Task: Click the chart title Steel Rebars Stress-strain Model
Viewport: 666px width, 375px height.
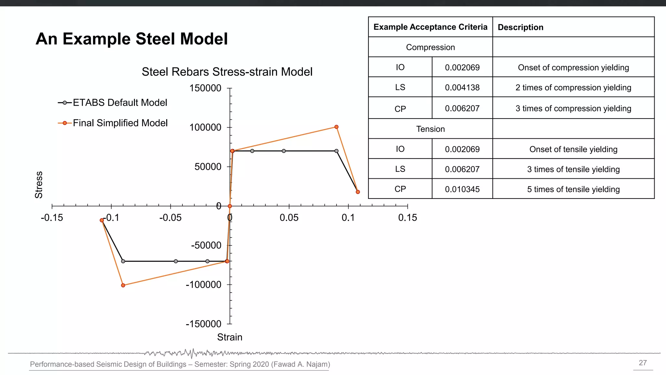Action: (x=227, y=72)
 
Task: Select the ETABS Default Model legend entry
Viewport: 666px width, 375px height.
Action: (x=119, y=103)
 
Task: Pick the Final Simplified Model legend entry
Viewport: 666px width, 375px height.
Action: (x=120, y=123)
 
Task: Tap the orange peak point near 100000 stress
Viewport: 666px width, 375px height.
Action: (x=337, y=127)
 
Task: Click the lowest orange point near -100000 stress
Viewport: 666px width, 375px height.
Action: (x=123, y=285)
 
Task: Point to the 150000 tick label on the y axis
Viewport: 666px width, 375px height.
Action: (x=205, y=88)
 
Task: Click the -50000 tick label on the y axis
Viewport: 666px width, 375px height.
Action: (x=206, y=245)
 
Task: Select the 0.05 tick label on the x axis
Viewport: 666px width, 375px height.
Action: (x=289, y=218)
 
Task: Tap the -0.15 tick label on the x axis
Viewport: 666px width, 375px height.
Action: (x=52, y=218)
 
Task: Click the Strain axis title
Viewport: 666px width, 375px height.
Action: (x=230, y=337)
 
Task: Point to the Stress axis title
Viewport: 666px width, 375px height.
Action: (x=39, y=185)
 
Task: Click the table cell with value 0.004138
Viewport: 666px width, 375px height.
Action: (x=462, y=88)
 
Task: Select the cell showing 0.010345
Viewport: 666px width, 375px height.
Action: (x=462, y=189)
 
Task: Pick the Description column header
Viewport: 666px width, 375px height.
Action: (x=520, y=27)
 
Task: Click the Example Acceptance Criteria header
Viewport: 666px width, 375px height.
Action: (x=430, y=27)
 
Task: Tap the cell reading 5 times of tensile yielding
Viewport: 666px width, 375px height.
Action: (x=573, y=189)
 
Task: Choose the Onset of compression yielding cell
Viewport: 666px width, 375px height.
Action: (x=573, y=67)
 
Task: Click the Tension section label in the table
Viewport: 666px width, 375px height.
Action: (x=430, y=129)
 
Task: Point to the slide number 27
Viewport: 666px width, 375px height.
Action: (x=643, y=363)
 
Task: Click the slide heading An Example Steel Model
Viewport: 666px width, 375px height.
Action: (x=132, y=39)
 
